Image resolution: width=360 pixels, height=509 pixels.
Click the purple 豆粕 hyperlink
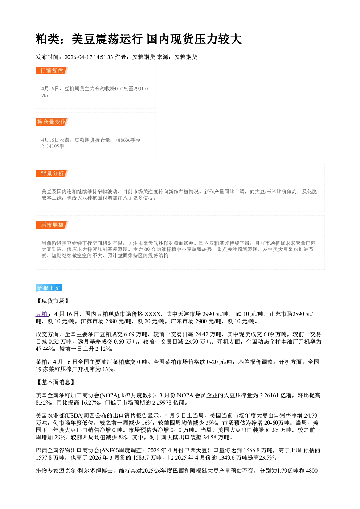pos(41,314)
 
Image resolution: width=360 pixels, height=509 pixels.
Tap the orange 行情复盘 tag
pos(52,70)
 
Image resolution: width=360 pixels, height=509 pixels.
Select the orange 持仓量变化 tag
pos(52,122)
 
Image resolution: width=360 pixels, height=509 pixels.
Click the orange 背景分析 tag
pos(52,174)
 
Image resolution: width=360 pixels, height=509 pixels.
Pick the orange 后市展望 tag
pos(52,225)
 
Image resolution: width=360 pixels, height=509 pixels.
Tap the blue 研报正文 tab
pos(49,288)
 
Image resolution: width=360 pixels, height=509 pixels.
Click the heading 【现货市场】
pos(53,301)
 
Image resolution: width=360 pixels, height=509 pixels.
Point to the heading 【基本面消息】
pos(56,382)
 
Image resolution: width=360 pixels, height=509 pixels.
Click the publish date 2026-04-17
pos(78,57)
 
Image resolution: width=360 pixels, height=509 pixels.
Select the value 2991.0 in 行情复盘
pos(141,89)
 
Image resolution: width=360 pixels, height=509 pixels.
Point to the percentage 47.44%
pos(45,349)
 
